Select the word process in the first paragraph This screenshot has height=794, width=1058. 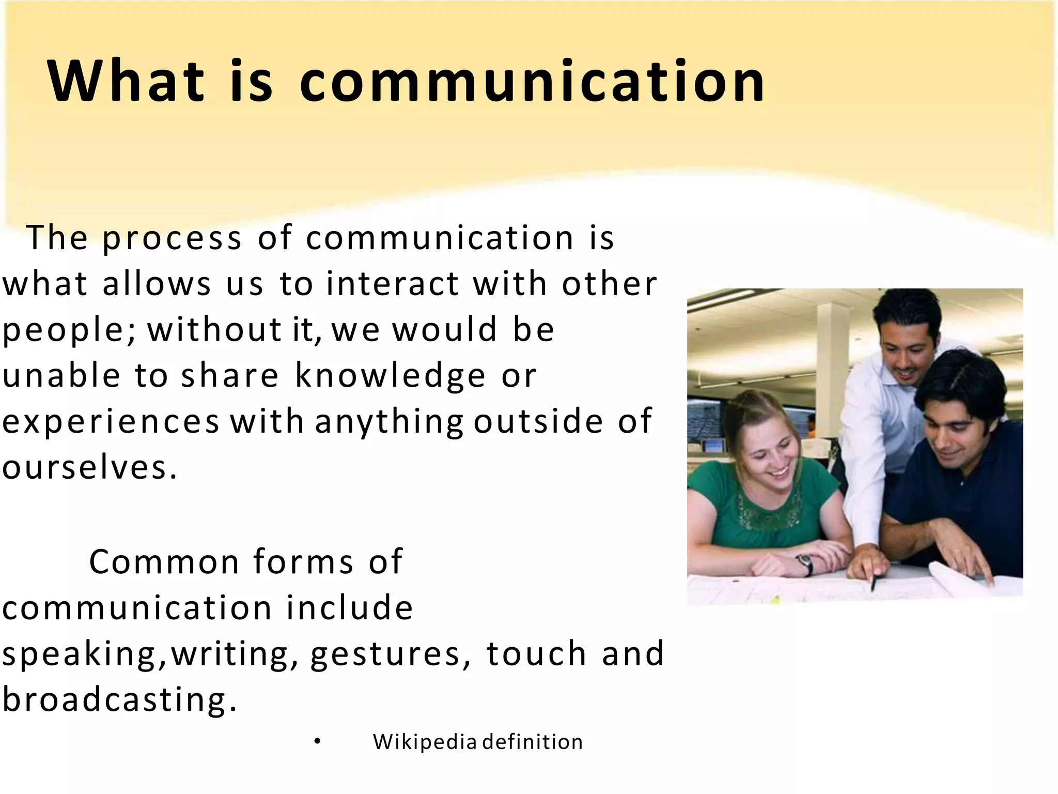172,239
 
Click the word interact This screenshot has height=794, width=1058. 393,284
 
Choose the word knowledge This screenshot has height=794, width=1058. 390,375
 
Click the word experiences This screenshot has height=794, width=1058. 111,422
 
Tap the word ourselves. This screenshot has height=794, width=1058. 89,467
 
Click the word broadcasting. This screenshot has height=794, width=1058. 119,699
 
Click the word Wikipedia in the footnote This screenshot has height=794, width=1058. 424,742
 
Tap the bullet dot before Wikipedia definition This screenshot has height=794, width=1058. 317,742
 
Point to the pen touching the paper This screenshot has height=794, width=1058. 873,583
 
